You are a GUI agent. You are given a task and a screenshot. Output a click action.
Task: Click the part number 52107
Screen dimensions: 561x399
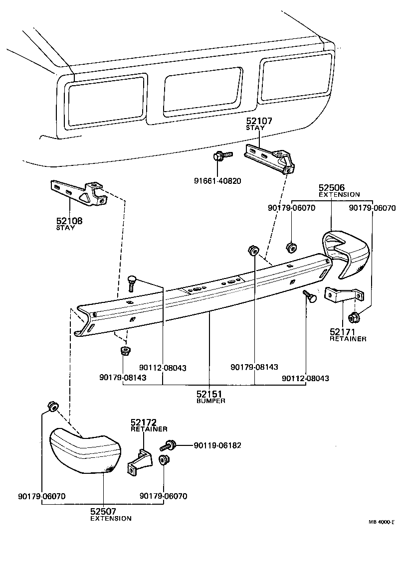coord(259,121)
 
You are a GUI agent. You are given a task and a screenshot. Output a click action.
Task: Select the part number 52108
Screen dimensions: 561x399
coord(69,221)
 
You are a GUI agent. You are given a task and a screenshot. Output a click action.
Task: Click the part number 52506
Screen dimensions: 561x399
coord(332,188)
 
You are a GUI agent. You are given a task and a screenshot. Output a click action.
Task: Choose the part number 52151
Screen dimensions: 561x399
coord(209,394)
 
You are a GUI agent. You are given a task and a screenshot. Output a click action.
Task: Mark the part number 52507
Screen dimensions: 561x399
coord(103,511)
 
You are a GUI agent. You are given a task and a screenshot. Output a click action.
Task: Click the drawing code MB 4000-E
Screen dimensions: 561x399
coord(382,522)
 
